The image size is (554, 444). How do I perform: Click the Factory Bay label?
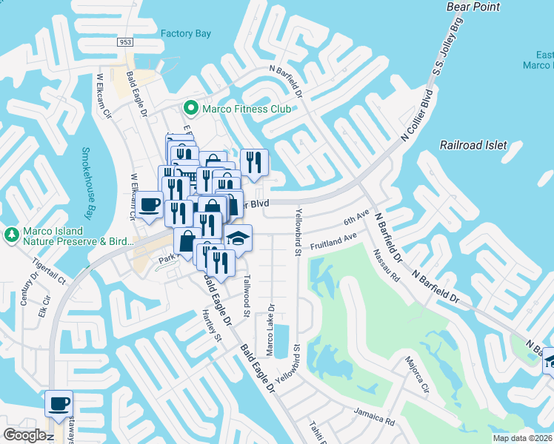click(186, 33)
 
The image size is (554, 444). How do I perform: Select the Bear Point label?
click(474, 7)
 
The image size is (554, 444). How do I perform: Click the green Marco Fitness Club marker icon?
click(190, 109)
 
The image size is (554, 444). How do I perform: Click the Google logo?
click(25, 434)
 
